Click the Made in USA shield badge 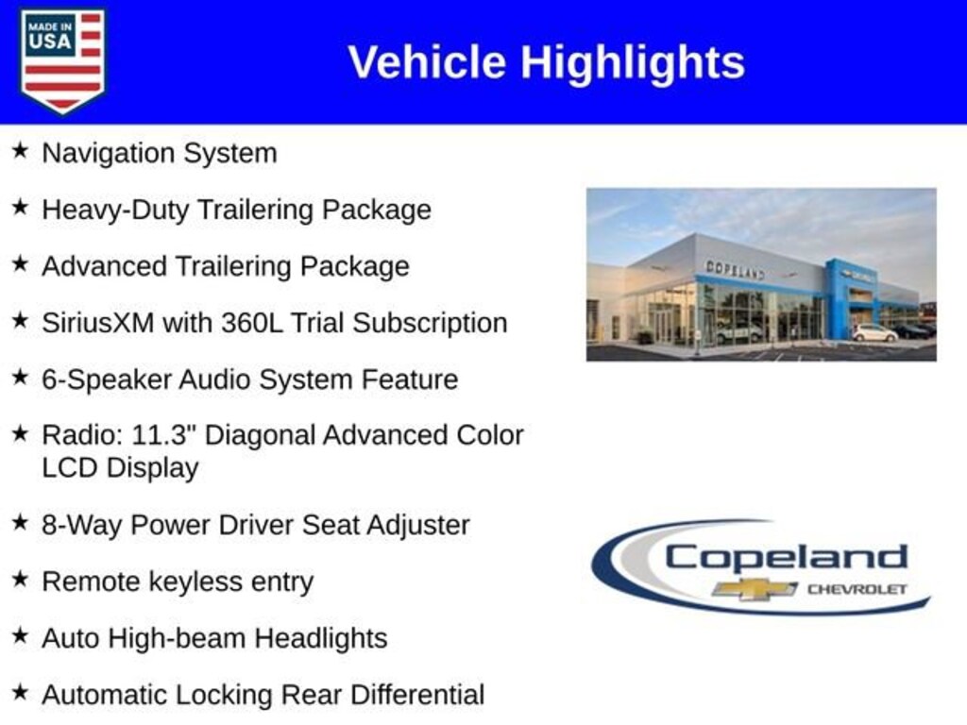pos(63,59)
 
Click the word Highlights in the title pos(633,63)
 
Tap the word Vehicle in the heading pos(428,62)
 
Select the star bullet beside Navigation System pos(20,150)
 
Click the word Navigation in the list pos(108,154)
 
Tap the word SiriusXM pos(98,323)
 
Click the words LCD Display pos(120,467)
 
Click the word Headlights pos(321,639)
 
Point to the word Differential pos(417,695)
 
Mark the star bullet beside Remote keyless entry pos(20,579)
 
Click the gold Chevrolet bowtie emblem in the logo pos(754,589)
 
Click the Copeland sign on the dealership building pos(735,270)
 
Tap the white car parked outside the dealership pos(874,333)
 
